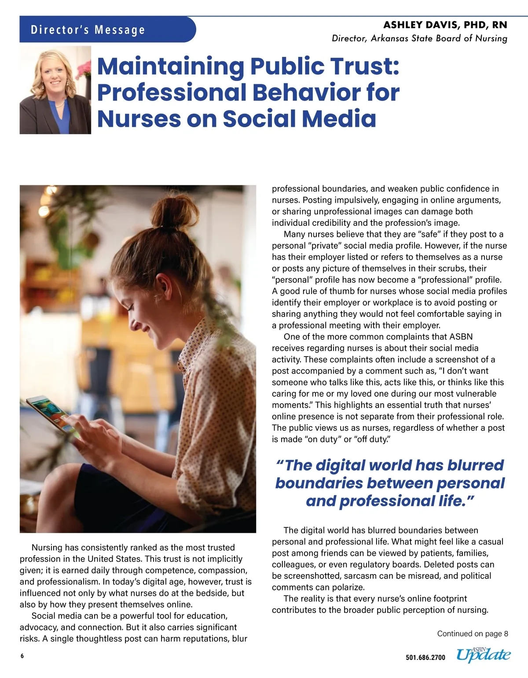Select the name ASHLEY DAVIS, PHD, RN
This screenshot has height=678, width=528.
point(445,25)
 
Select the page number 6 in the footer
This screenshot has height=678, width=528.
point(22,656)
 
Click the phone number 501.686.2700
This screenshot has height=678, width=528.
point(425,658)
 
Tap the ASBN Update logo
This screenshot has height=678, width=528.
point(483,655)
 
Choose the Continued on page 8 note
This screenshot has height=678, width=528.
point(472,634)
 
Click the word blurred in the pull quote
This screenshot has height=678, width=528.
point(475,465)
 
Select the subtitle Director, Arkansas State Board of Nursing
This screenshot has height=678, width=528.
point(419,38)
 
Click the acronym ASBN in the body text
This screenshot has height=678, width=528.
point(461,337)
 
